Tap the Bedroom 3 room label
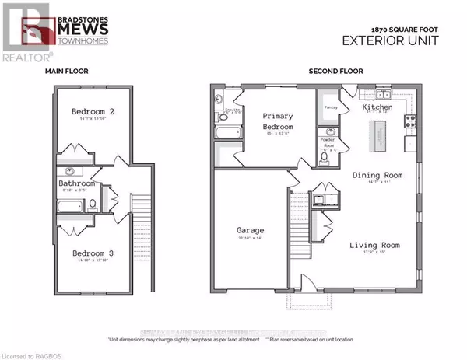point(93,253)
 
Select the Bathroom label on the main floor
point(76,184)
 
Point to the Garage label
point(250,230)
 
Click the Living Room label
point(374,246)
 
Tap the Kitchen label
point(377,107)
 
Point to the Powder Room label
point(328,145)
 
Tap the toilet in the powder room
point(324,158)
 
